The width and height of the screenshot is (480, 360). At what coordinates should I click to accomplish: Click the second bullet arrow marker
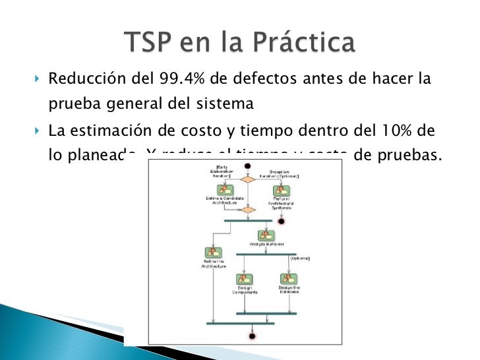click(x=36, y=130)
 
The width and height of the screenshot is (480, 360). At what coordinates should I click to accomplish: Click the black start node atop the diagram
click(x=247, y=165)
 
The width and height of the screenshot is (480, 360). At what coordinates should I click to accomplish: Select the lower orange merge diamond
click(x=247, y=211)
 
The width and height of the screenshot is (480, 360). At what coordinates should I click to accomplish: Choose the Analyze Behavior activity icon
click(x=266, y=235)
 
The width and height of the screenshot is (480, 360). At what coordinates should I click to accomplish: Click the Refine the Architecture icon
click(x=213, y=254)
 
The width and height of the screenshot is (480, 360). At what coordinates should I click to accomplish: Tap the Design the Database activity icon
click(x=288, y=280)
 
